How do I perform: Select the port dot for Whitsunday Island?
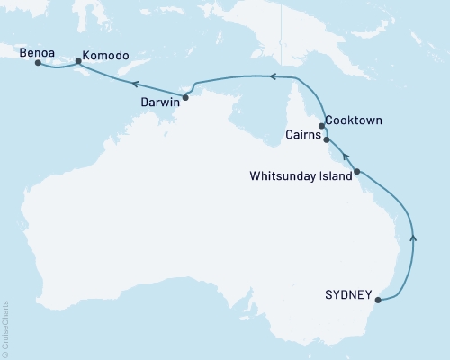pyautogui.click(x=357, y=171)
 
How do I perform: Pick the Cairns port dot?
pyautogui.click(x=326, y=140)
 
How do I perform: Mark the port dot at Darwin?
pyautogui.click(x=185, y=96)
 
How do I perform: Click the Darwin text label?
pyautogui.click(x=159, y=103)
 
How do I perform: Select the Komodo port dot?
pyautogui.click(x=78, y=62)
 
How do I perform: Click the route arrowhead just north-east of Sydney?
pyautogui.click(x=413, y=237)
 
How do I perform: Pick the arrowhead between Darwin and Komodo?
pyautogui.click(x=132, y=84)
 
